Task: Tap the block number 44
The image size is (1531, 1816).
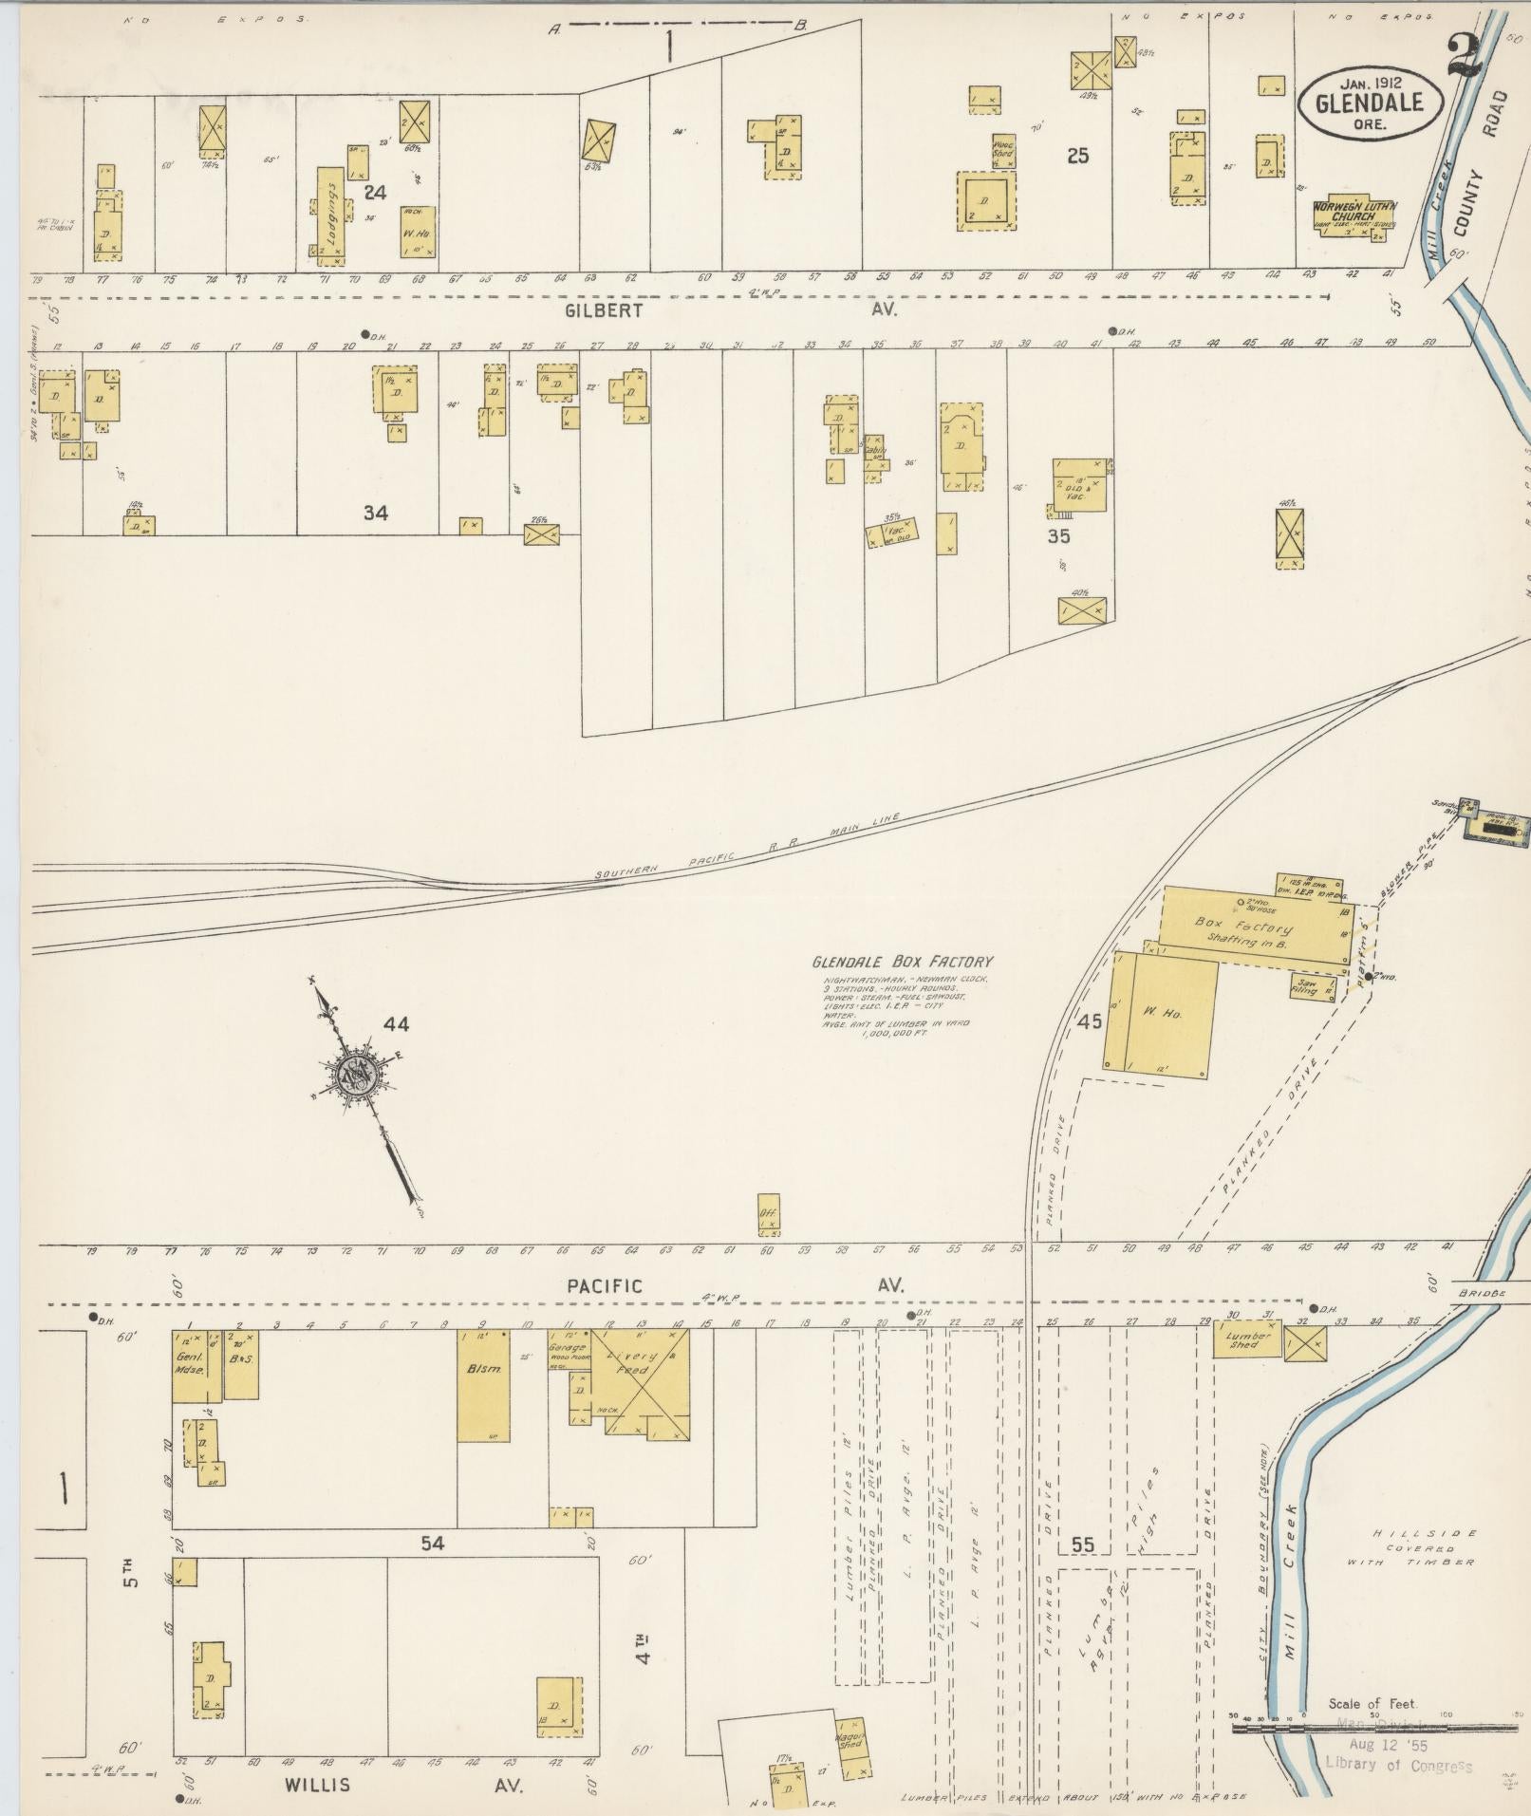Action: click(396, 1023)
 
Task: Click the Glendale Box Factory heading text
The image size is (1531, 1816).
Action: click(901, 961)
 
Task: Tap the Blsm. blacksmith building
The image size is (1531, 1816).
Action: click(483, 1397)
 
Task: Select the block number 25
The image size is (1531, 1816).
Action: click(1076, 156)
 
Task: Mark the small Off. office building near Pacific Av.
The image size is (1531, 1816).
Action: click(768, 1214)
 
